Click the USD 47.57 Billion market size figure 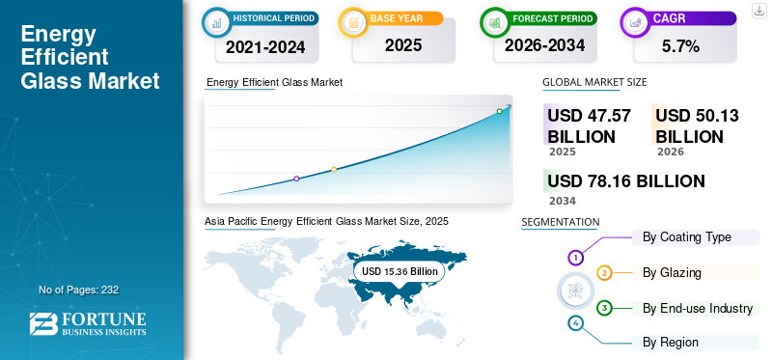coord(589,125)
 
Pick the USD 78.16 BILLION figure coord(625,180)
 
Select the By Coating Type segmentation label coord(686,237)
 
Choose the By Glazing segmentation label coord(672,273)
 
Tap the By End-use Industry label coord(697,308)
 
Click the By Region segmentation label coord(670,342)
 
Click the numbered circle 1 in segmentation coord(575,258)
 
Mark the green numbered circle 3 coord(604,308)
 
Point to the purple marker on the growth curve coord(296,179)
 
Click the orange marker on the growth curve coord(334,170)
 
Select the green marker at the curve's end coord(499,111)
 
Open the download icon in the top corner coord(758,10)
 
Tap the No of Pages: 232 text coord(78,290)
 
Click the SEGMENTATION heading coord(560,222)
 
